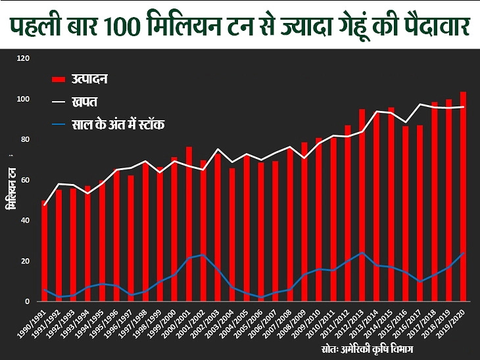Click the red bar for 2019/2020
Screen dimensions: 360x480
(464, 197)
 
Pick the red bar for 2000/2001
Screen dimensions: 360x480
(189, 224)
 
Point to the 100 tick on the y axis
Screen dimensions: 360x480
(24, 99)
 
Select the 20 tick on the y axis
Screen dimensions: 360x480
(26, 261)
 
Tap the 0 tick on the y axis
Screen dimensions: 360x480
(28, 302)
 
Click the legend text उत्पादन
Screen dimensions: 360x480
(89, 79)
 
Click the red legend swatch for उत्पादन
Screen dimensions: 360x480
(59, 79)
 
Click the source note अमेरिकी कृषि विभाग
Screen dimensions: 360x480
(381, 347)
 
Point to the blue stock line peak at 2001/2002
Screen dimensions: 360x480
(203, 254)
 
